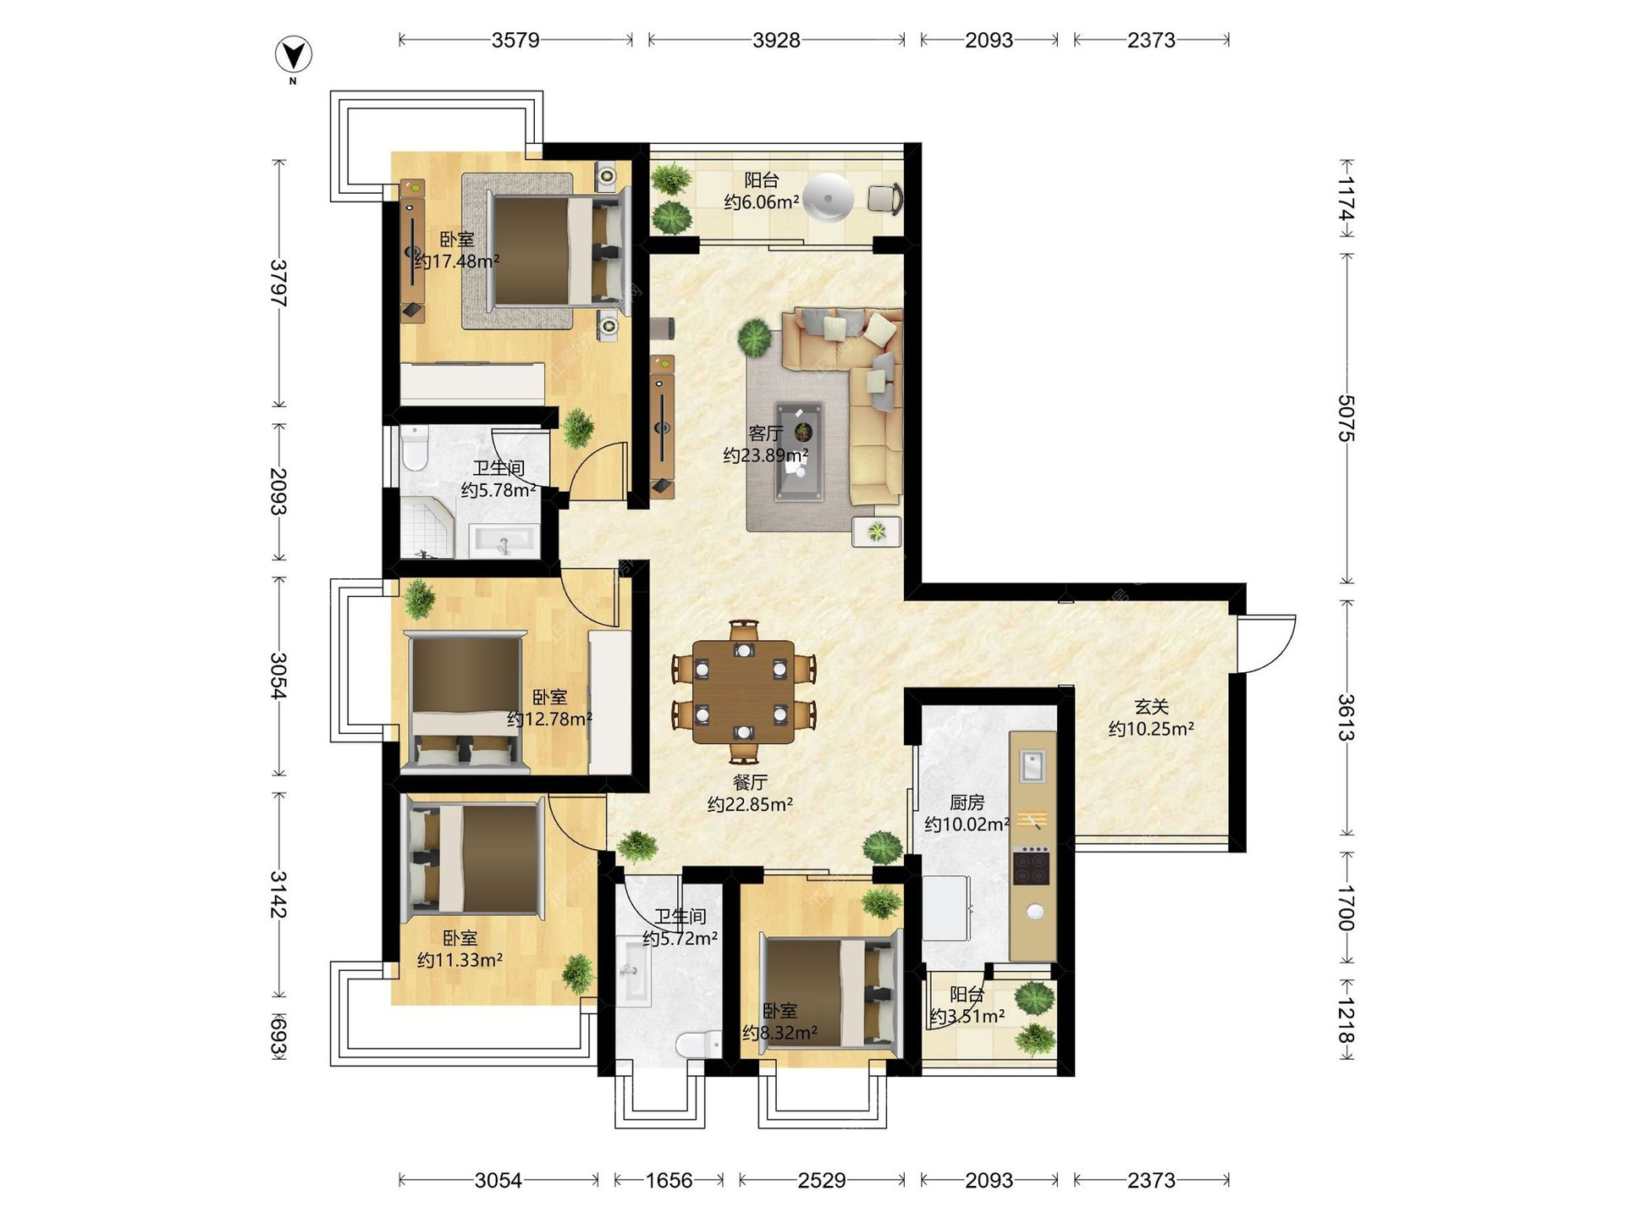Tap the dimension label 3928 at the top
coord(776,40)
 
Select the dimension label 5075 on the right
coord(1346,418)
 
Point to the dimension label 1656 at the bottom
coord(669,1180)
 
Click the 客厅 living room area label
coord(765,433)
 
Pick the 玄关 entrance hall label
coord(1151,707)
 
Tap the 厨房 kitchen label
coord(966,803)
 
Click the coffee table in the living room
coord(799,452)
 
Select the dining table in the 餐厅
coord(743,692)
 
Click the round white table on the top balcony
coord(828,197)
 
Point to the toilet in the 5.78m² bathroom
coord(415,448)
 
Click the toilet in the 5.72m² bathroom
coord(698,1044)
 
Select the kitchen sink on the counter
coord(1033,765)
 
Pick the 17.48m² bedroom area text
coord(457,262)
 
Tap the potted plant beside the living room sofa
coord(754,337)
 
